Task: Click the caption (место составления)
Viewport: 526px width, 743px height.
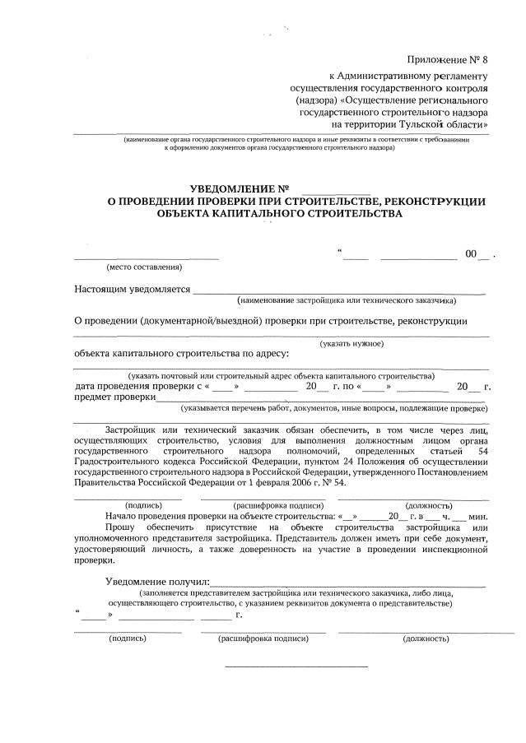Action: pos(144,267)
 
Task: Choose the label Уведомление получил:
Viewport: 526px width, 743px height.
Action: pos(157,582)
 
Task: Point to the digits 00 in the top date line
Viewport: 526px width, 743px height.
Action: pos(471,255)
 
